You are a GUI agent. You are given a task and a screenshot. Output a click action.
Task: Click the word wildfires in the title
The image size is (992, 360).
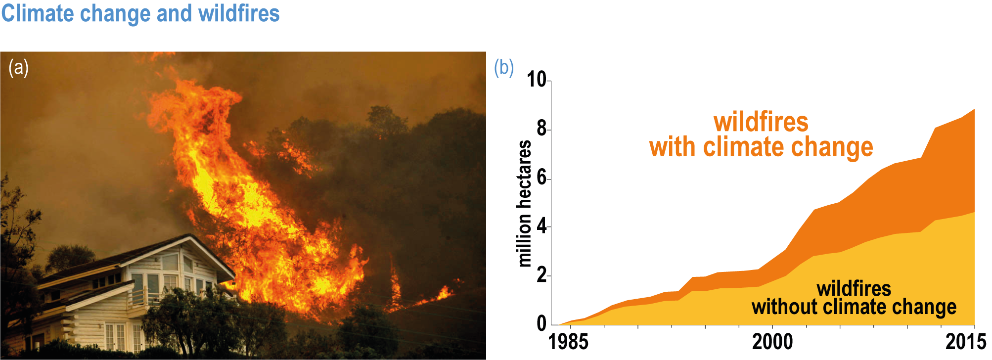tap(239, 13)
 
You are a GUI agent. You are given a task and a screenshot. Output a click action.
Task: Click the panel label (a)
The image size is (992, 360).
tap(18, 68)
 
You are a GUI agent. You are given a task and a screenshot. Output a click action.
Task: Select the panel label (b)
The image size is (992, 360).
tap(504, 67)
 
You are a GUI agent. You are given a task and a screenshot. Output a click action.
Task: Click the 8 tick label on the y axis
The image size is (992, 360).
tap(542, 129)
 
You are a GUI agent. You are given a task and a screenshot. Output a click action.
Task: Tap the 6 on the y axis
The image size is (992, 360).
tap(542, 177)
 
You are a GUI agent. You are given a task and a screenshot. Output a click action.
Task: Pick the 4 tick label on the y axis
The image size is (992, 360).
tap(542, 226)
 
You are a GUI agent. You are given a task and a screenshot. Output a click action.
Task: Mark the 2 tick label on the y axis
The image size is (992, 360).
tap(542, 275)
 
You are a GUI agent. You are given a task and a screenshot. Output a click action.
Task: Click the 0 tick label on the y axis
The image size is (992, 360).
tap(542, 323)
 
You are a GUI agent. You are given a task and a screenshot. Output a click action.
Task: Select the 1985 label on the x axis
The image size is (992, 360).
tap(569, 342)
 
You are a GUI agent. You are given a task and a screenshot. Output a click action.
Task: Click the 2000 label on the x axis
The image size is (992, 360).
tap(772, 342)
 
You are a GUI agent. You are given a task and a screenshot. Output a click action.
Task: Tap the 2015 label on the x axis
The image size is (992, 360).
tap(966, 342)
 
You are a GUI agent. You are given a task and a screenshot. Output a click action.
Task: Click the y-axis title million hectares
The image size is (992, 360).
tap(524, 203)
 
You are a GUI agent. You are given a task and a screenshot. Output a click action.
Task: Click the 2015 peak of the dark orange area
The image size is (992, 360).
tap(974, 109)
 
